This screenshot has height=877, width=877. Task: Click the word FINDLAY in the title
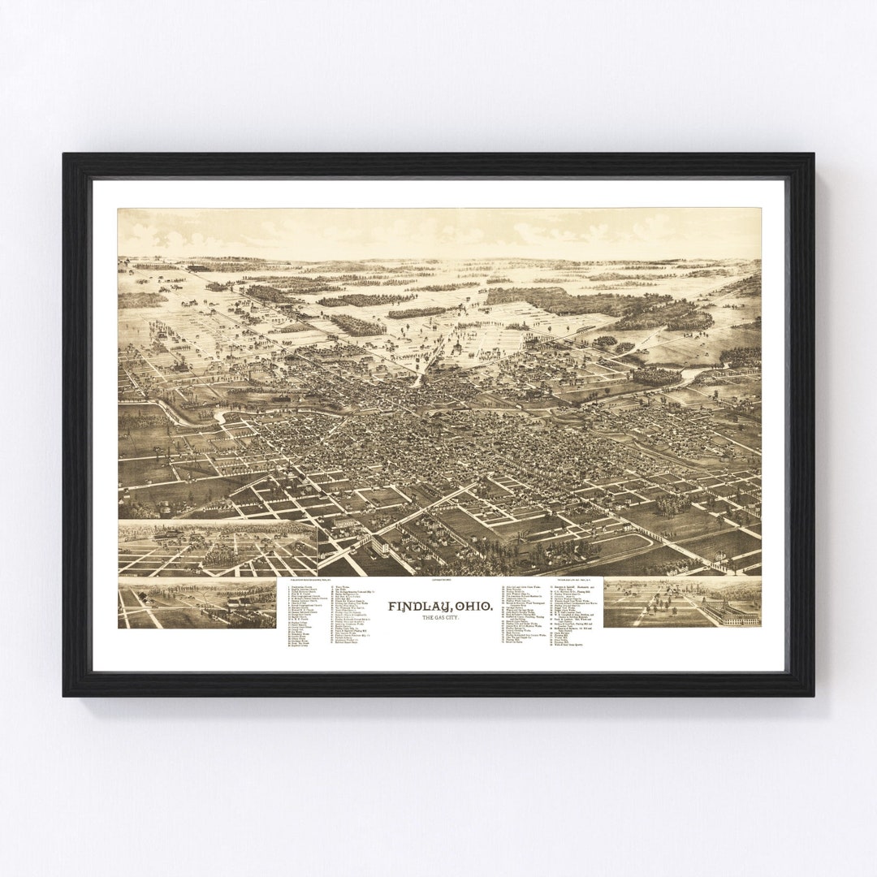click(413, 606)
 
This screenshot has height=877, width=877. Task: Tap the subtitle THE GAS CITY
click(438, 619)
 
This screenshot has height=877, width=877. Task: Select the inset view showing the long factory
click(682, 602)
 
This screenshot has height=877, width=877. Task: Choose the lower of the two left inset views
click(197, 604)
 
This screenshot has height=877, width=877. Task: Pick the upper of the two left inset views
click(217, 549)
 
